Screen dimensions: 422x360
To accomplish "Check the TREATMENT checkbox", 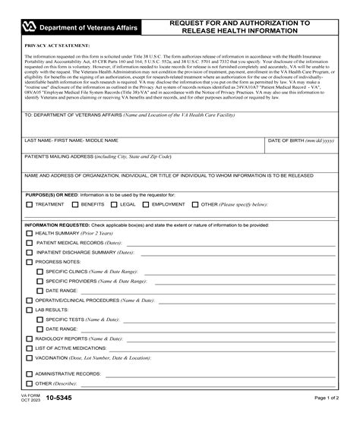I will pyautogui.click(x=29, y=204).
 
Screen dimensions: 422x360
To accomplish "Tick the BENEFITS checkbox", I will pyautogui.click(x=74, y=204).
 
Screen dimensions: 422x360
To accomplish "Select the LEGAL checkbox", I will pyautogui.click(x=114, y=204).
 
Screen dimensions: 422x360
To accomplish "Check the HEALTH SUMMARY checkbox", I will pyautogui.click(x=29, y=234).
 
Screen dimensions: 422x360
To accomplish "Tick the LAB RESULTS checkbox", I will pyautogui.click(x=29, y=310).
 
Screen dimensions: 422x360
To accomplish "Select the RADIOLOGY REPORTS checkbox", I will pyautogui.click(x=29, y=339).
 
